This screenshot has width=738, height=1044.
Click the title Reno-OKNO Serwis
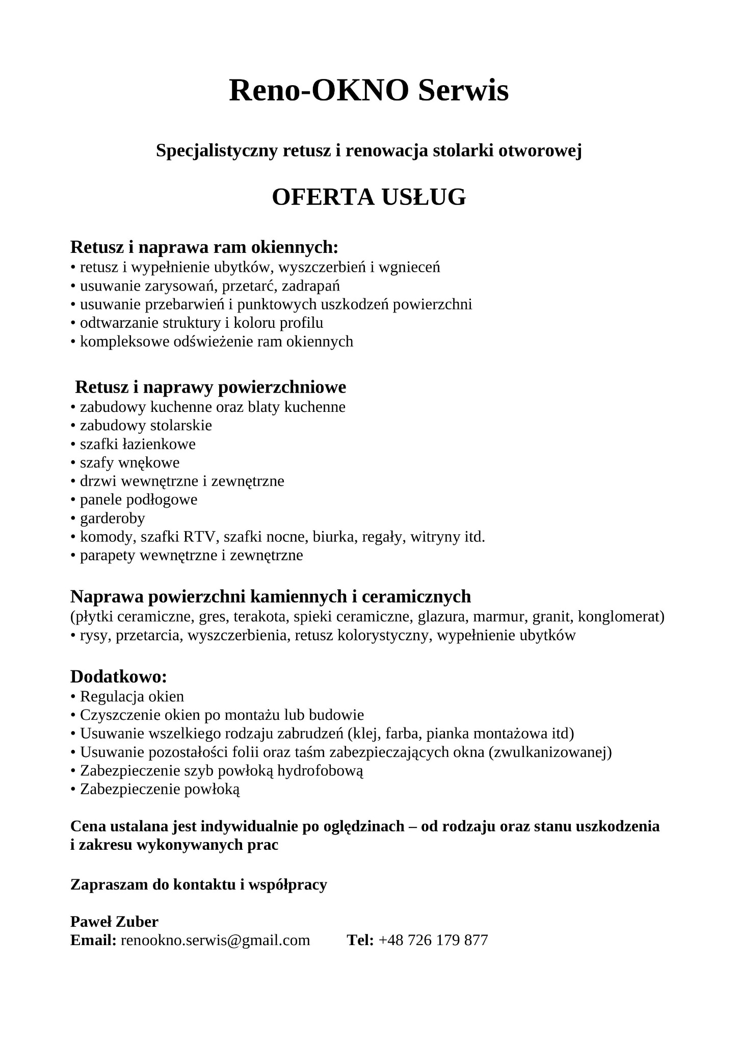click(368, 91)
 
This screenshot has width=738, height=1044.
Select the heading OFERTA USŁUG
click(368, 197)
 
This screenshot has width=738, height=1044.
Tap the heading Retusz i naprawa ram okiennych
click(204, 247)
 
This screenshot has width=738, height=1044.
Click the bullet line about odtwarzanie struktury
click(201, 323)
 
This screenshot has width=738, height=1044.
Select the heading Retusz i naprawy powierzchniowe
click(210, 387)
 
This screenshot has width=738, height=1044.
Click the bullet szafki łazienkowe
click(138, 445)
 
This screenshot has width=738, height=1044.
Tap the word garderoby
click(112, 518)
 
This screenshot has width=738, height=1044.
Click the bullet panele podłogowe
click(138, 500)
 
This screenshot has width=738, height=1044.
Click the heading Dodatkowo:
click(119, 677)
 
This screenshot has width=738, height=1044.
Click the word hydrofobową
click(321, 771)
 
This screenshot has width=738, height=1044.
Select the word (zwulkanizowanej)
click(550, 752)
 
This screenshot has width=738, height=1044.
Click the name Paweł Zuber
click(114, 922)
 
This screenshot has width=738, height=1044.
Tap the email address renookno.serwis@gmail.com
click(215, 940)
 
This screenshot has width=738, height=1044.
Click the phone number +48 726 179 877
click(433, 940)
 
